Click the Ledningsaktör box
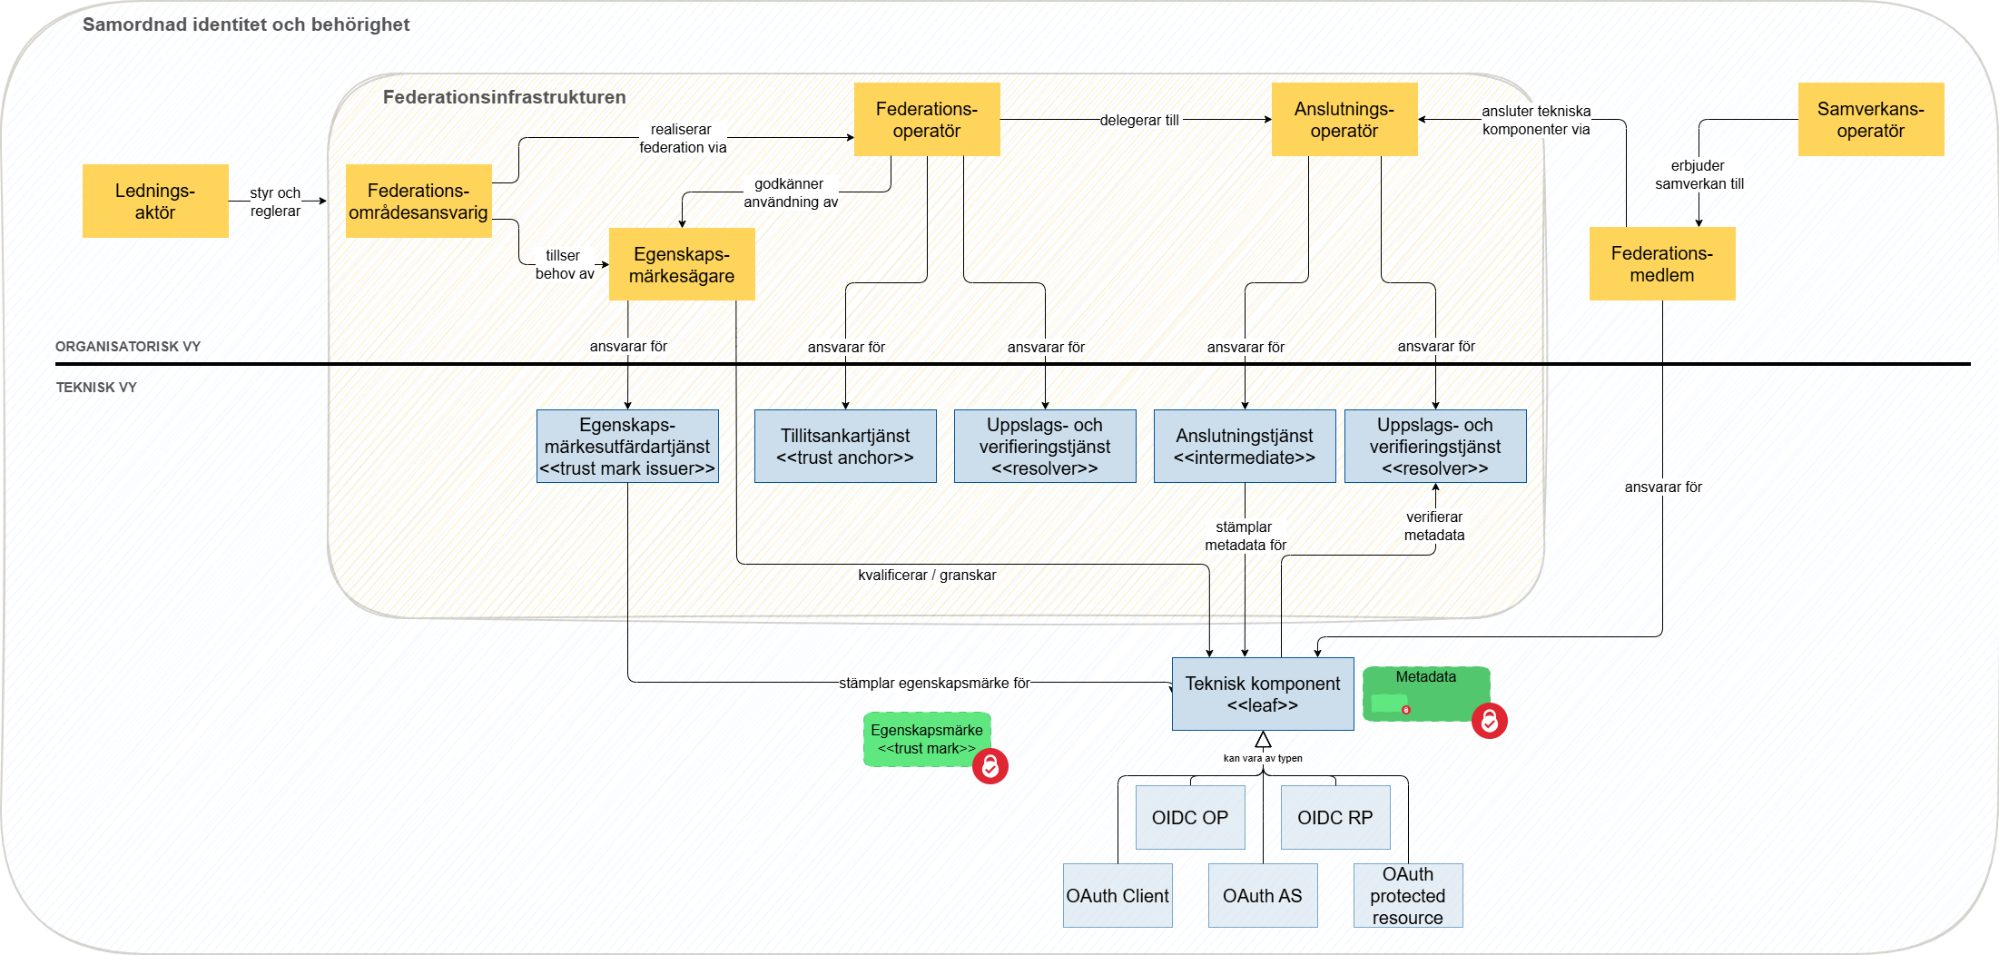pos(155,201)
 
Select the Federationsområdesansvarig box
pos(419,201)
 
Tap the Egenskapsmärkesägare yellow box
pos(682,264)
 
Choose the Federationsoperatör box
pos(927,119)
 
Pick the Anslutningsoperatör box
pos(1344,119)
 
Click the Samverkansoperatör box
pos(1871,119)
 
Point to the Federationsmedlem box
pos(1662,263)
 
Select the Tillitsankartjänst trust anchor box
pos(845,446)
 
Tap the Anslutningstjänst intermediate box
pos(1245,446)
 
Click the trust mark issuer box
pos(627,446)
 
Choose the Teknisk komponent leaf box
pos(1263,694)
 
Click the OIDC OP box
pos(1190,817)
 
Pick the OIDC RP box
pos(1335,817)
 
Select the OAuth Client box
pos(1118,895)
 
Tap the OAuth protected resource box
pos(1408,895)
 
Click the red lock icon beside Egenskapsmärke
pos(990,766)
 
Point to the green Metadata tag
pos(1425,693)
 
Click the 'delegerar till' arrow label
pos(1139,120)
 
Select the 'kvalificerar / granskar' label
pos(927,575)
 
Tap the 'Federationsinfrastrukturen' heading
pos(505,97)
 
